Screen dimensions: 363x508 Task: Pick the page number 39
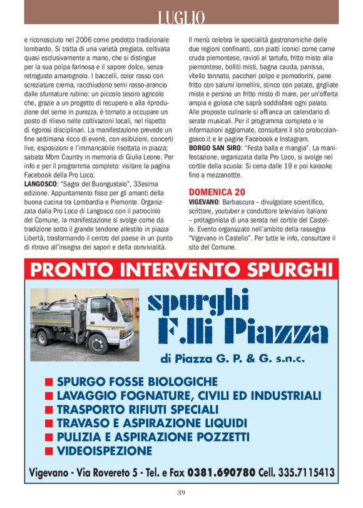tap(181, 492)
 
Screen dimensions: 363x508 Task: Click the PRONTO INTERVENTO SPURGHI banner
tap(181, 270)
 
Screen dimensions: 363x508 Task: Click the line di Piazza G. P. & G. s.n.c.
tap(232, 359)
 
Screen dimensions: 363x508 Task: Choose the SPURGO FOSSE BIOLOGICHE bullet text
tap(137, 381)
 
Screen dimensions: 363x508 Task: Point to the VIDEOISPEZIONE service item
tap(105, 450)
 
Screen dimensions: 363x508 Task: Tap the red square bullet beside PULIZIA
tap(49, 437)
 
